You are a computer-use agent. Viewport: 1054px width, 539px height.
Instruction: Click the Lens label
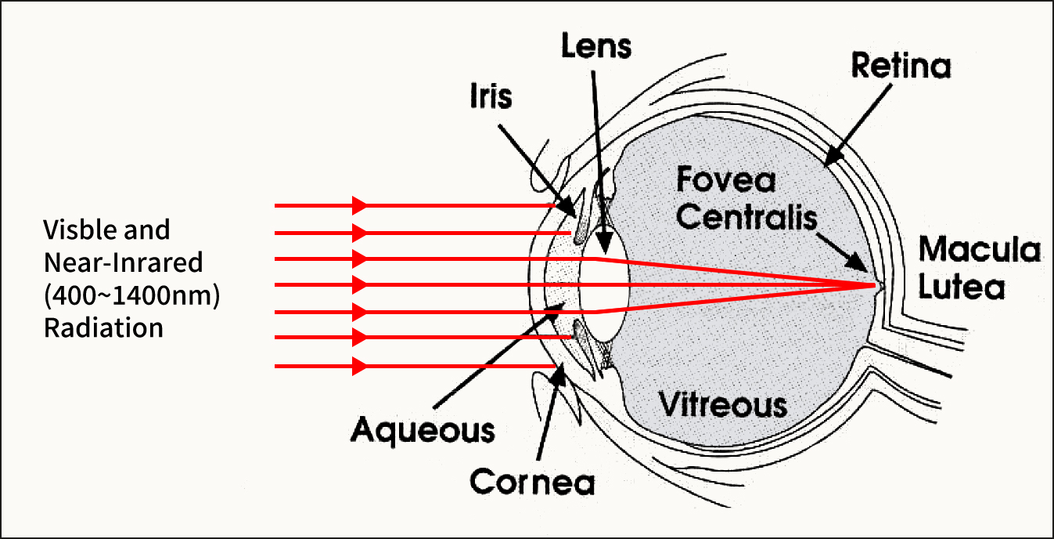point(596,46)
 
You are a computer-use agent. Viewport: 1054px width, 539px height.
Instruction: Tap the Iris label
point(490,97)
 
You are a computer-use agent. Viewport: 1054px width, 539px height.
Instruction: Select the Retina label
point(901,67)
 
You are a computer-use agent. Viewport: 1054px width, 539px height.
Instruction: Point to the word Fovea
point(725,181)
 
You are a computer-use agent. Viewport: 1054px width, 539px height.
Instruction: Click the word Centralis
point(746,217)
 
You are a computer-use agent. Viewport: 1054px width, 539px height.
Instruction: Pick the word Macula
point(979,251)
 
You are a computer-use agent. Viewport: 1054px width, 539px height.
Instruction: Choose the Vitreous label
point(722,405)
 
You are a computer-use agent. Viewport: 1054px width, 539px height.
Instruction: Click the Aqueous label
point(423,430)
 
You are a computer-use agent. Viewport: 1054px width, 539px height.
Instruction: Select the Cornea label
point(532,482)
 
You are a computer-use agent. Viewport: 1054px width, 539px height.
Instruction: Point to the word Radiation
point(103,327)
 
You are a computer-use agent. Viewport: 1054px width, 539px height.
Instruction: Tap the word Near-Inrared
point(123,262)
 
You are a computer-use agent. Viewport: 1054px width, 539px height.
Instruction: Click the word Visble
point(74,230)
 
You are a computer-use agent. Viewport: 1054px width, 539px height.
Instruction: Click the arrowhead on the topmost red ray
point(360,205)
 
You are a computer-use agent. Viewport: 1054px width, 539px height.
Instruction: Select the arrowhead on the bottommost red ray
point(360,366)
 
